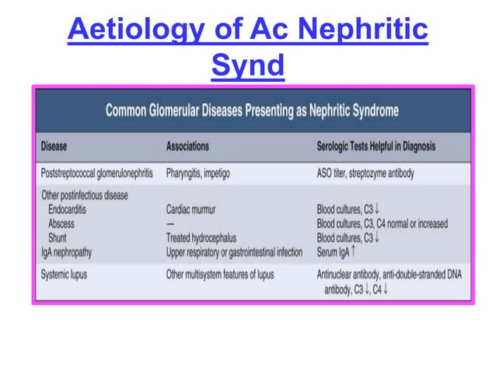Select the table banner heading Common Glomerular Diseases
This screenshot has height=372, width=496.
tap(252, 111)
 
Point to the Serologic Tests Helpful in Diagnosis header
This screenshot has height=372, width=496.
tap(375, 146)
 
